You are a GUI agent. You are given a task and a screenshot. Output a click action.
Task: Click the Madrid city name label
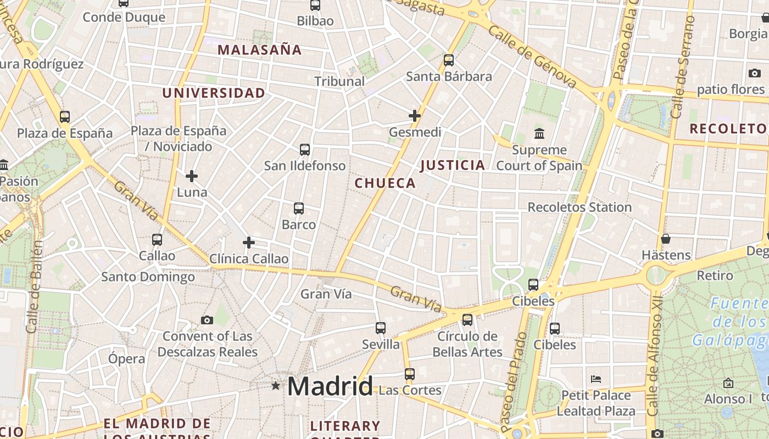pos(330,386)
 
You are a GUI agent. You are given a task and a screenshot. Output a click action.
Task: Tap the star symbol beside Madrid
pos(276,386)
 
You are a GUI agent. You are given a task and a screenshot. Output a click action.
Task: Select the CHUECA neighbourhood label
pos(385,183)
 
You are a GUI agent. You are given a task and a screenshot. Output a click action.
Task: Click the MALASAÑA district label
pos(260,50)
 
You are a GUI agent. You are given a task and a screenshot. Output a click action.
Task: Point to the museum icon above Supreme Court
pos(539,133)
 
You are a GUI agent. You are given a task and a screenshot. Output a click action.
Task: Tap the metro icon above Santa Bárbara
pos(449,60)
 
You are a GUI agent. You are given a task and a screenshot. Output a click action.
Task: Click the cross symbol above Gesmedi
pos(415,116)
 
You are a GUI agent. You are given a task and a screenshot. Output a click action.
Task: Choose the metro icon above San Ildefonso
pos(304,149)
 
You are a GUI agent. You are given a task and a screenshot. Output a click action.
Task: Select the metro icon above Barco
pos(299,209)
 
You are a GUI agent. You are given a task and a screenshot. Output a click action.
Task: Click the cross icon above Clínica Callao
pos(249,243)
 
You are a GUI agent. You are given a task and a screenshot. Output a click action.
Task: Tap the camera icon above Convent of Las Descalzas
pos(207,320)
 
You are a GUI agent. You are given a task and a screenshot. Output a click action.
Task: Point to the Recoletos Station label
pos(579,207)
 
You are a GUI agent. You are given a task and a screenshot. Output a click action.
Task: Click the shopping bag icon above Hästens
pos(666,239)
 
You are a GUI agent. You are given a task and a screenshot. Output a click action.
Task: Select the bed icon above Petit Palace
pos(596,379)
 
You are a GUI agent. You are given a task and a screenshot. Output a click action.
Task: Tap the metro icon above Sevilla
pos(381,328)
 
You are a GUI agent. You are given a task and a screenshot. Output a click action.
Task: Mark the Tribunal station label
pos(339,81)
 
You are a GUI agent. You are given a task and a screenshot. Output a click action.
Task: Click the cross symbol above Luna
pos(192,176)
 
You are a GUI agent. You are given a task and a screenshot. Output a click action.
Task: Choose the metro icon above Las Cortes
pos(410,374)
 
